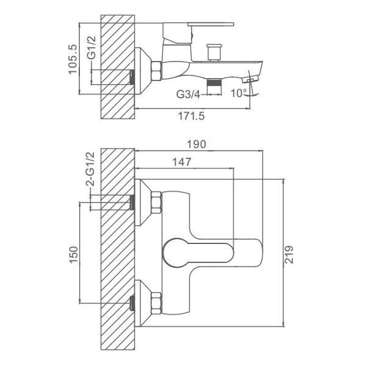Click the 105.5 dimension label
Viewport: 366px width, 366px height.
[73, 59]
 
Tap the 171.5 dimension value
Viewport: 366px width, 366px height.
[192, 116]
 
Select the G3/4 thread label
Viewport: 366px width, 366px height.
[188, 95]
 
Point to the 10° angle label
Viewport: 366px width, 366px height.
[239, 93]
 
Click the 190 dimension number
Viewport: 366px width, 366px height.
[196, 145]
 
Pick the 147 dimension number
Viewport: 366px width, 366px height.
[182, 162]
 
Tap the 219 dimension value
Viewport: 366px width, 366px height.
[289, 254]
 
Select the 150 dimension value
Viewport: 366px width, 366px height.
[74, 255]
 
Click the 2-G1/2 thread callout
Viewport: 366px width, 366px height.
[90, 169]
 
